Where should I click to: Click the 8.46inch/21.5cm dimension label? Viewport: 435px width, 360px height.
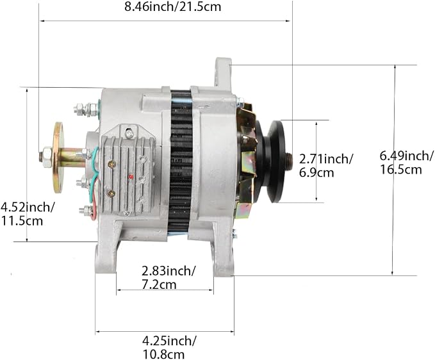click(x=172, y=7)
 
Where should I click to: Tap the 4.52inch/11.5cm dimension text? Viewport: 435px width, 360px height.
click(x=28, y=214)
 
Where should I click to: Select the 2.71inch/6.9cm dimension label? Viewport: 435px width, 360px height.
click(x=326, y=166)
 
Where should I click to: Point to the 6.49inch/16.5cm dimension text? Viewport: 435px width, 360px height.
click(x=406, y=163)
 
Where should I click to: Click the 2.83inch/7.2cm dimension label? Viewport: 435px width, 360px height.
click(x=168, y=277)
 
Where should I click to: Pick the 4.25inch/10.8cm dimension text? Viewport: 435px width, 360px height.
click(x=170, y=347)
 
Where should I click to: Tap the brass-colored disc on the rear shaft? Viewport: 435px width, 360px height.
click(x=58, y=158)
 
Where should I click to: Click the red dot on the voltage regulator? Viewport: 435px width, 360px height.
click(x=131, y=177)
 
